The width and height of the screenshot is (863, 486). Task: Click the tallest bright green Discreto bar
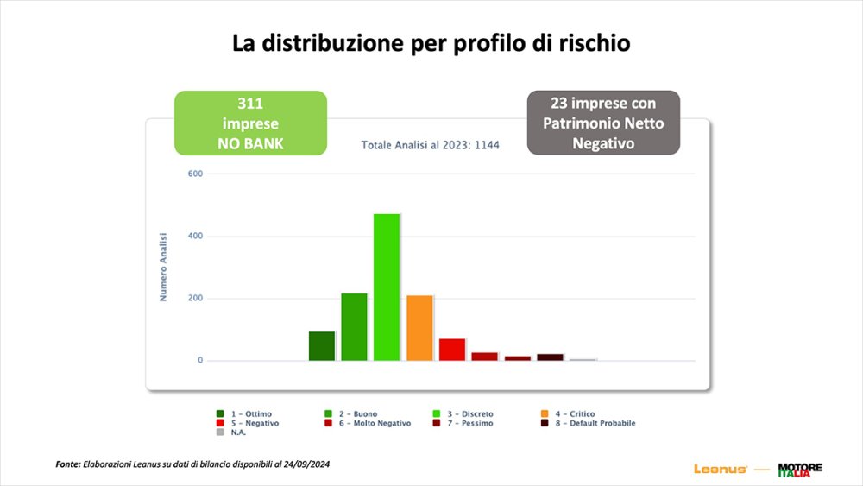[x=387, y=287]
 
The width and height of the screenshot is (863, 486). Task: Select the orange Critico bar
[x=419, y=328]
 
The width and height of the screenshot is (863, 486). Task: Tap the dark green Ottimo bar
[x=322, y=345]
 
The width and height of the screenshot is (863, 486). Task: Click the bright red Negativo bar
[x=452, y=349]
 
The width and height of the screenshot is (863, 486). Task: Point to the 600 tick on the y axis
[x=194, y=174]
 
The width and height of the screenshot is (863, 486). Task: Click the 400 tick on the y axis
[x=194, y=236]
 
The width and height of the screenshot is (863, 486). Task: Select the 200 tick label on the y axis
[x=194, y=298]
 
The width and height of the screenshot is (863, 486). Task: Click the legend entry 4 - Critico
[x=570, y=414]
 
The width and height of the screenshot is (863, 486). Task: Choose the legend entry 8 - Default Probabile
[x=591, y=423]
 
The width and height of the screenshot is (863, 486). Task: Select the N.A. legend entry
[x=239, y=432]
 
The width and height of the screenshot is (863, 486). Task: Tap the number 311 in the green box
[x=250, y=104]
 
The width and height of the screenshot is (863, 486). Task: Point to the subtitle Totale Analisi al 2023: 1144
[x=431, y=146]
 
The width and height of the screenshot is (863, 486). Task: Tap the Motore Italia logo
[x=800, y=469]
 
